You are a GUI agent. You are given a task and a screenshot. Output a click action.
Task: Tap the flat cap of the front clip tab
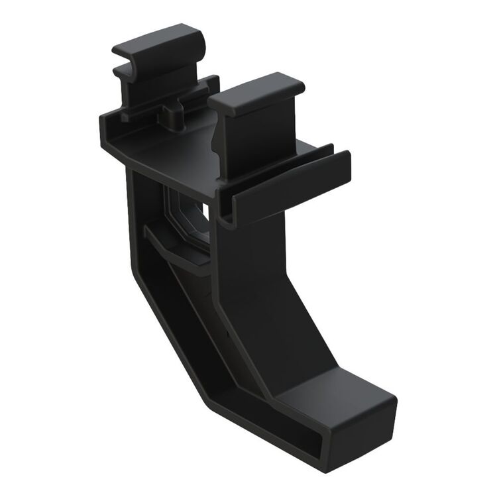(x=255, y=93)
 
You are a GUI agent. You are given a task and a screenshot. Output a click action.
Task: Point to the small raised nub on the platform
(x=174, y=117)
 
